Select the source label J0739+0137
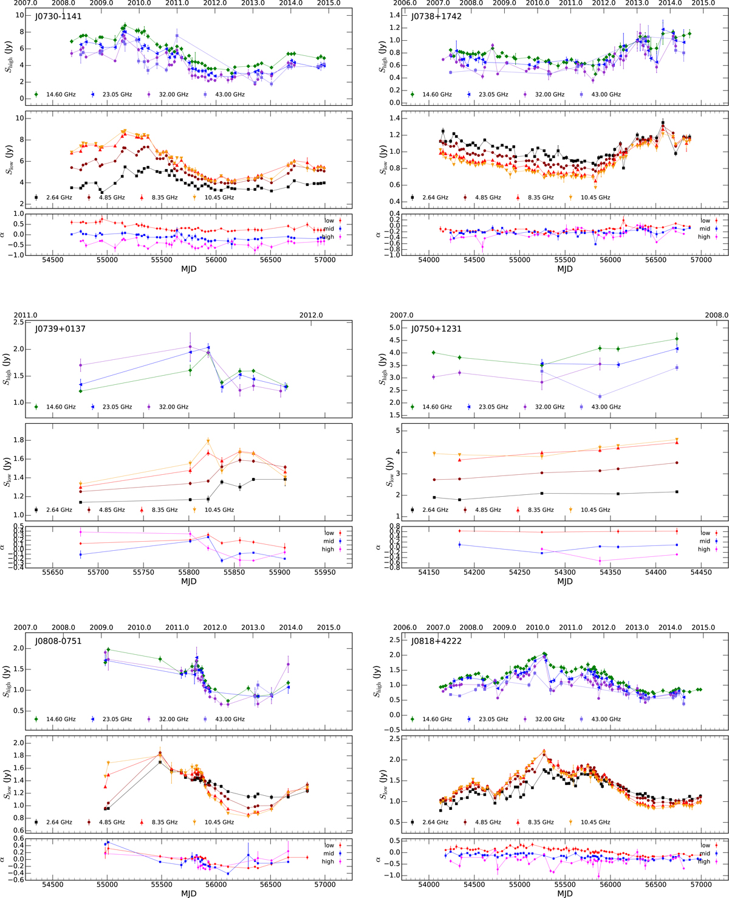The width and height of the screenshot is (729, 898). coord(60,329)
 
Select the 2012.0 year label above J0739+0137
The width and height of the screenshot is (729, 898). coord(311,315)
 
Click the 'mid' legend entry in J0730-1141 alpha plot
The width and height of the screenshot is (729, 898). coord(329,229)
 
